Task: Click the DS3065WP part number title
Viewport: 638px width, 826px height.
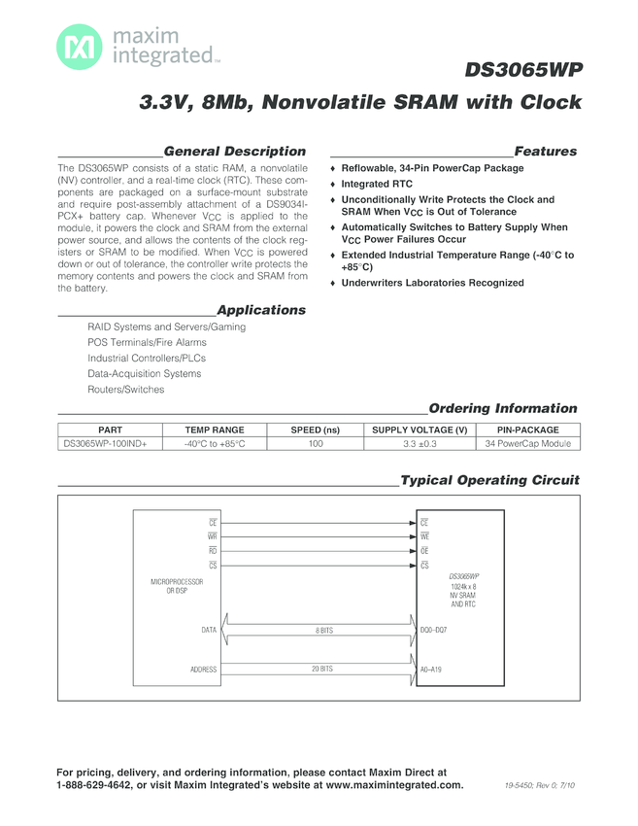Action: coord(522,71)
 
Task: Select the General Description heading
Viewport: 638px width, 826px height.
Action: coord(234,152)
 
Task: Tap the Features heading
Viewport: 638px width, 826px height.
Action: coord(545,152)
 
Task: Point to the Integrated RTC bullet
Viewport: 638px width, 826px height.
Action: coord(377,184)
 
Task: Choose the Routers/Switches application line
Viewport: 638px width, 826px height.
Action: coord(126,390)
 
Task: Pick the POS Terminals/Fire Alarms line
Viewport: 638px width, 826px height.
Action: coord(147,343)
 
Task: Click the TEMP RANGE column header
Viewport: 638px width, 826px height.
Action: coord(215,430)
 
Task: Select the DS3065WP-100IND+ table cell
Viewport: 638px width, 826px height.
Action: coord(105,444)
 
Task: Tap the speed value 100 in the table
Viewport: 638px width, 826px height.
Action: coord(316,444)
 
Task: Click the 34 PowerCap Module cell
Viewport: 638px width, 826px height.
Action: coord(527,444)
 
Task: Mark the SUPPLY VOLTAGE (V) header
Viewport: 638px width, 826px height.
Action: coord(420,430)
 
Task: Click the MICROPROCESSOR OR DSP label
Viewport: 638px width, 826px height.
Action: coord(176,586)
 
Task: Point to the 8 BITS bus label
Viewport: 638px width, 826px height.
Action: coord(323,631)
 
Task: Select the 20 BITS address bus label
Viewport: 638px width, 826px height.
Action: coord(322,670)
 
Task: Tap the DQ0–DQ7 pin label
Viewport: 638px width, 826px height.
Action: coord(433,631)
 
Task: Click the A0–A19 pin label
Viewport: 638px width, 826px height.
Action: coord(430,670)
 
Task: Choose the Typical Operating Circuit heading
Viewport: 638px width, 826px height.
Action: coord(489,480)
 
